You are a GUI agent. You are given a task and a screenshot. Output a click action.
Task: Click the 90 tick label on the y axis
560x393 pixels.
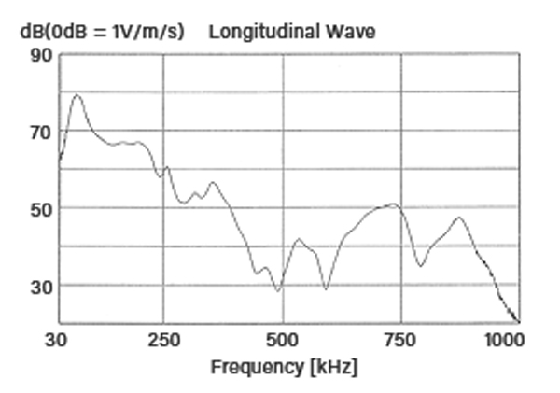[x=41, y=54]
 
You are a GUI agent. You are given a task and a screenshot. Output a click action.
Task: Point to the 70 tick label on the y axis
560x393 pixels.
[x=41, y=132]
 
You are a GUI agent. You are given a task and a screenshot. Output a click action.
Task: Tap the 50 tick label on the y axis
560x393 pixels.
[x=41, y=208]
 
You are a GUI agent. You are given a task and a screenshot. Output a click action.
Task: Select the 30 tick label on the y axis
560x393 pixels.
[x=41, y=286]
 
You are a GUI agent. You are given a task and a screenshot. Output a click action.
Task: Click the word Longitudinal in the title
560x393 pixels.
[x=255, y=31]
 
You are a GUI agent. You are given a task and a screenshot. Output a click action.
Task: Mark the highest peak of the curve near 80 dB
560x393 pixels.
[x=77, y=94]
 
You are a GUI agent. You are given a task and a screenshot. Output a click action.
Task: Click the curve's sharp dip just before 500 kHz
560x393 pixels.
[x=277, y=291]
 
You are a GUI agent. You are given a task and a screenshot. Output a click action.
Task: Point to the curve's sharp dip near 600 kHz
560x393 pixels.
[x=326, y=289]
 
